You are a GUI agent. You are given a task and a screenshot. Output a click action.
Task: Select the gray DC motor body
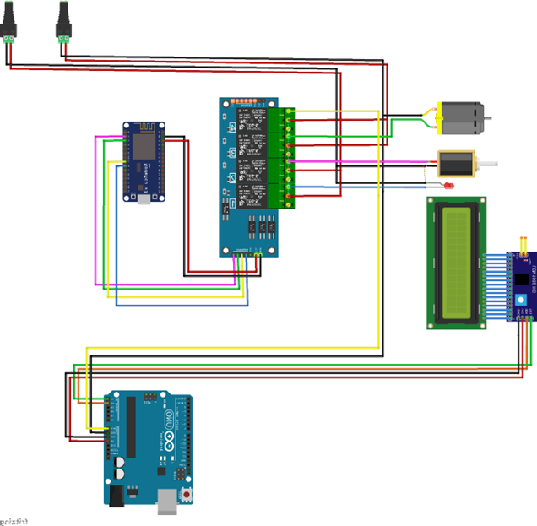coord(461,117)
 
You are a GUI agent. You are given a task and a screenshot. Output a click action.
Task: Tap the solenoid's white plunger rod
coord(489,161)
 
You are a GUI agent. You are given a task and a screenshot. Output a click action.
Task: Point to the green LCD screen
coord(458,260)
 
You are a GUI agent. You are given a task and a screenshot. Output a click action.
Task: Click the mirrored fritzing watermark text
coord(14,520)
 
